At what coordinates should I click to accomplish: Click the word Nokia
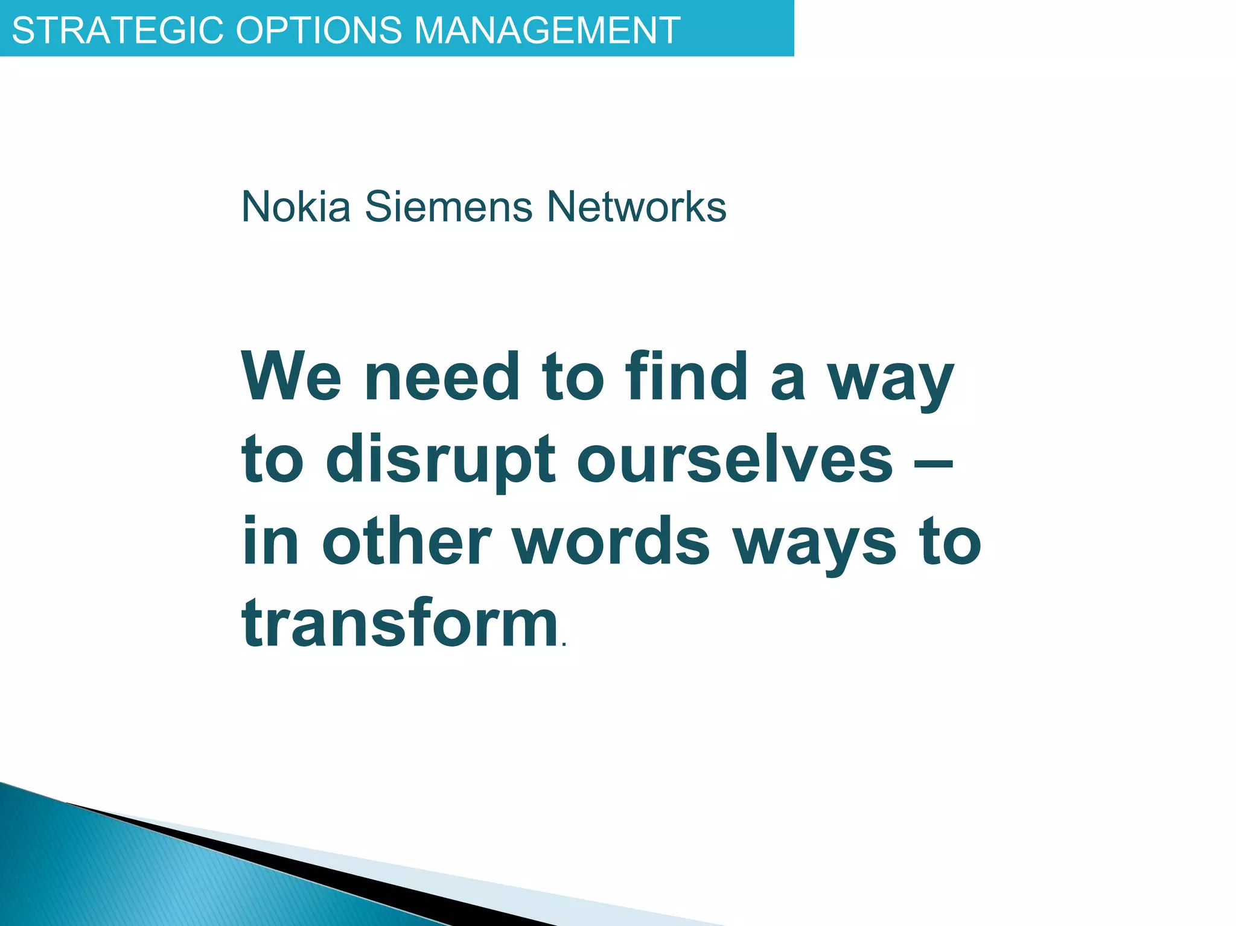pyautogui.click(x=296, y=206)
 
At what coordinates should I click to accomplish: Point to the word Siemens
pyautogui.click(x=449, y=206)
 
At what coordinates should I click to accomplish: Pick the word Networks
pyautogui.click(x=636, y=206)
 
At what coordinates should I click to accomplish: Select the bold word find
pyautogui.click(x=687, y=376)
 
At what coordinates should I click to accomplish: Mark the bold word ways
pyautogui.click(x=815, y=546)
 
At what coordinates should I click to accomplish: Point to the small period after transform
pyautogui.click(x=564, y=645)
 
